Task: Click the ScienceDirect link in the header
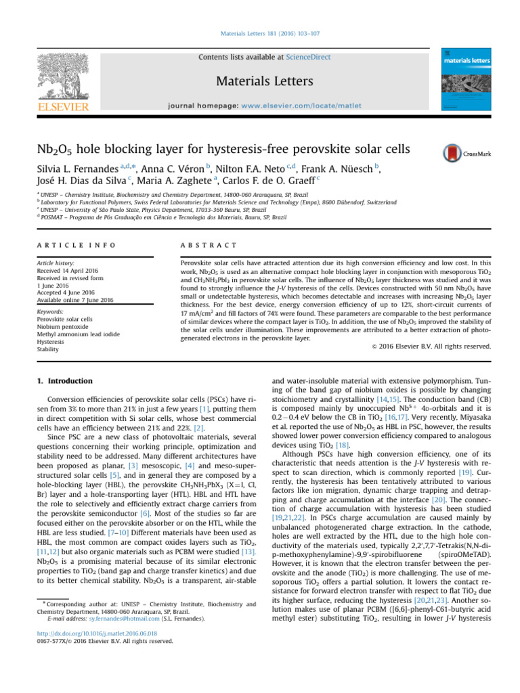click(308, 58)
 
